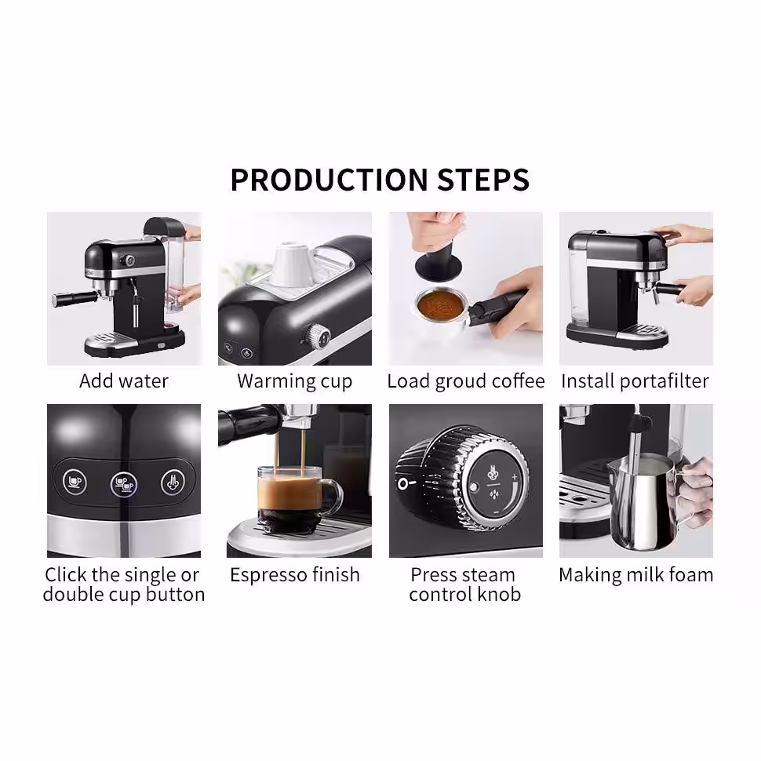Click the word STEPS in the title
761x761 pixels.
click(x=480, y=180)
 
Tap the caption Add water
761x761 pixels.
click(x=124, y=381)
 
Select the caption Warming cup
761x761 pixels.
click(x=294, y=381)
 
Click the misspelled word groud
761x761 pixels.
click(x=456, y=381)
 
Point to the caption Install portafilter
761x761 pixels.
click(x=635, y=381)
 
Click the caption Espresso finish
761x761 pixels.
click(x=294, y=574)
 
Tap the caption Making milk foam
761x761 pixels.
click(x=635, y=574)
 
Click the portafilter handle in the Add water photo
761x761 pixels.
click(x=71, y=299)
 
